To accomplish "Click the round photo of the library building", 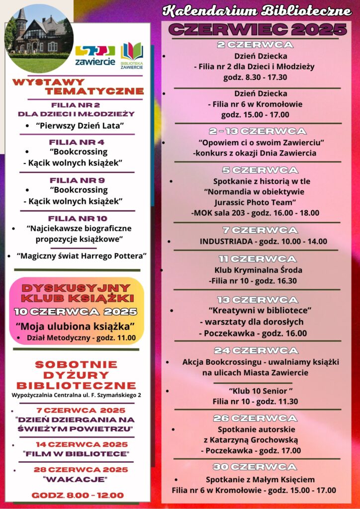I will coord(39,39).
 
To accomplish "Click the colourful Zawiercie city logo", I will coord(95,55).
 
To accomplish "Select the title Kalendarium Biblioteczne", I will coord(257,11).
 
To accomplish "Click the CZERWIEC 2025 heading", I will coord(257,29).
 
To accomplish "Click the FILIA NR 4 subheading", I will coord(77,142).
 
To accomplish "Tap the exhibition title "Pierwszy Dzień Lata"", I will coord(80,125).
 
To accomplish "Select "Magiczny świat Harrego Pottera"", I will coord(82,255).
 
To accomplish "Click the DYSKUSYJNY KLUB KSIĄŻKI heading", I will coord(78,293).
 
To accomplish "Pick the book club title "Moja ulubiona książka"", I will coord(76,326).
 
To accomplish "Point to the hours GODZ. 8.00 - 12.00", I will coord(78,495).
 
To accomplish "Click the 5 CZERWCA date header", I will coord(257,170).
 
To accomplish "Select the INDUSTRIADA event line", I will coord(263,241).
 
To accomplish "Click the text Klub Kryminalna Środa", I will coord(258,270).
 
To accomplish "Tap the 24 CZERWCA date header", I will coord(256,350).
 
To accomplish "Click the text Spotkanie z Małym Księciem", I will coord(260,479).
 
